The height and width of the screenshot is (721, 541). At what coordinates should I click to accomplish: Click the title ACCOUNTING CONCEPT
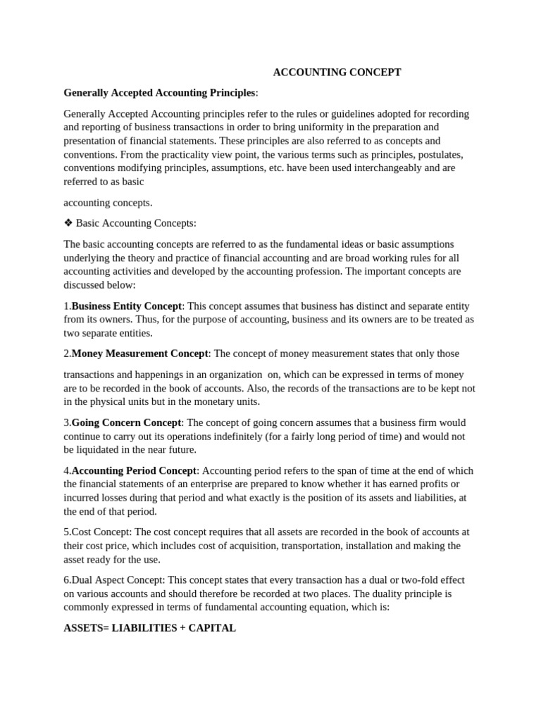pos(337,73)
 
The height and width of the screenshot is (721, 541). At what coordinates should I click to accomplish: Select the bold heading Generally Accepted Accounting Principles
pos(159,93)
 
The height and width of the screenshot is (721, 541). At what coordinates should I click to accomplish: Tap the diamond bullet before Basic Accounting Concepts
pos(68,223)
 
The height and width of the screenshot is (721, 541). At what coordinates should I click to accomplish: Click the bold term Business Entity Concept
pos(127,306)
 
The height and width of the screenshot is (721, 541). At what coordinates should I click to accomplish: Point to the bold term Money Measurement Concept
pos(139,353)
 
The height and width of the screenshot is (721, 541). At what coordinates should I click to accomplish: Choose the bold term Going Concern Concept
pos(126,422)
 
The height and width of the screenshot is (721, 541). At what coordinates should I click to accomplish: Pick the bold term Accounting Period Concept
pos(135,470)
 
